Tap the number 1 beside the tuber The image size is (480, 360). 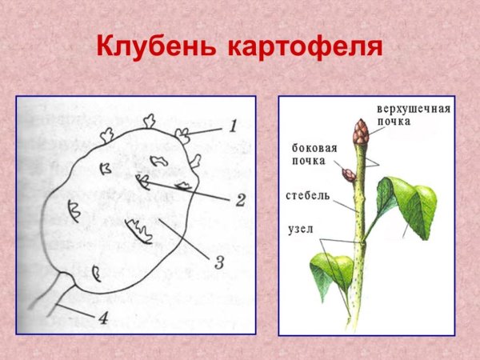233,126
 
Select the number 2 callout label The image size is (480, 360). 240,199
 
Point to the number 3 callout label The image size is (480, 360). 218,262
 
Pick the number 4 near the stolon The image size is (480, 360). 102,318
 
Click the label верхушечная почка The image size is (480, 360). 414,114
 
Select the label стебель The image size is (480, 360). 304,194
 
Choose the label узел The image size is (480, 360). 300,230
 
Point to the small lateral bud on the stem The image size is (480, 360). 349,174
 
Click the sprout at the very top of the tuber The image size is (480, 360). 149,122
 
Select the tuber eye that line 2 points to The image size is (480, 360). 142,182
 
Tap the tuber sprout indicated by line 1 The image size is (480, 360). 182,134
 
